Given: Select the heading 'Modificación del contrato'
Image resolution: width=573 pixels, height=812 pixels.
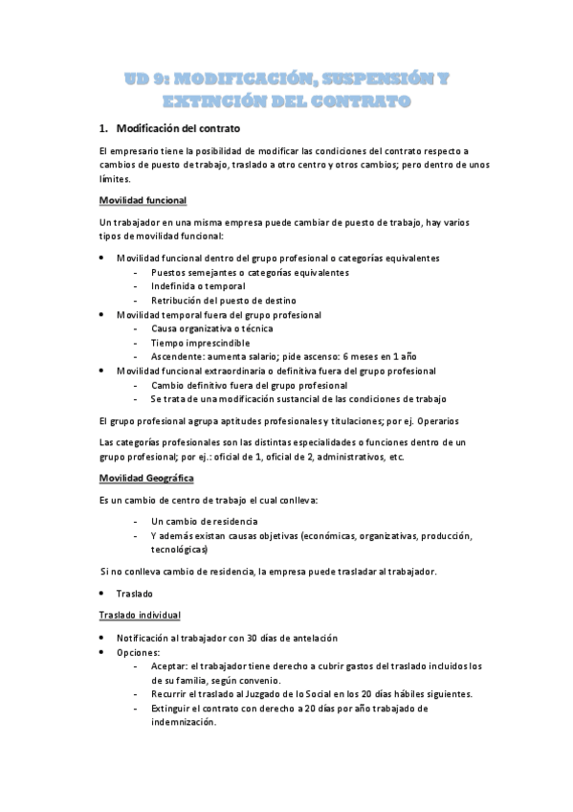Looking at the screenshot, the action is point(177,128).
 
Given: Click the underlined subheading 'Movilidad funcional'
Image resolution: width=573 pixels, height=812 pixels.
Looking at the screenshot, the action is point(143,200).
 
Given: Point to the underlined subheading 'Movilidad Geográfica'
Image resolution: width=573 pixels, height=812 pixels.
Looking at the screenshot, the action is point(146,477).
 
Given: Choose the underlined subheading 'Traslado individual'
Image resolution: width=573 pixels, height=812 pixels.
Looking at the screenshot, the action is point(142,614).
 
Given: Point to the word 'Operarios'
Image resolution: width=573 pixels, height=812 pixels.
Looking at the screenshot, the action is point(437,421).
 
